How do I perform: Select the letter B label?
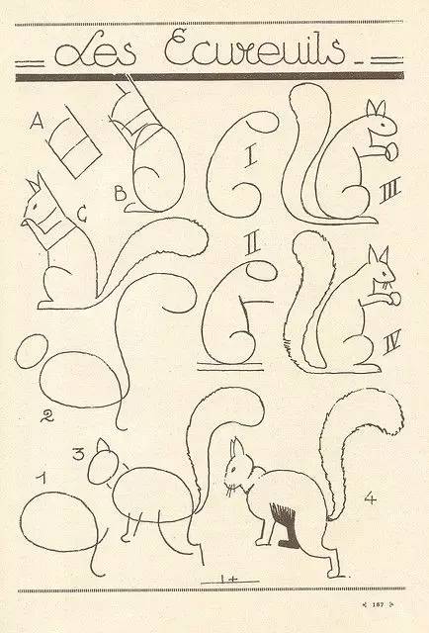[120, 195]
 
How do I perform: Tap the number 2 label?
[46, 416]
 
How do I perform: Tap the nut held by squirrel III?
[392, 151]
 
